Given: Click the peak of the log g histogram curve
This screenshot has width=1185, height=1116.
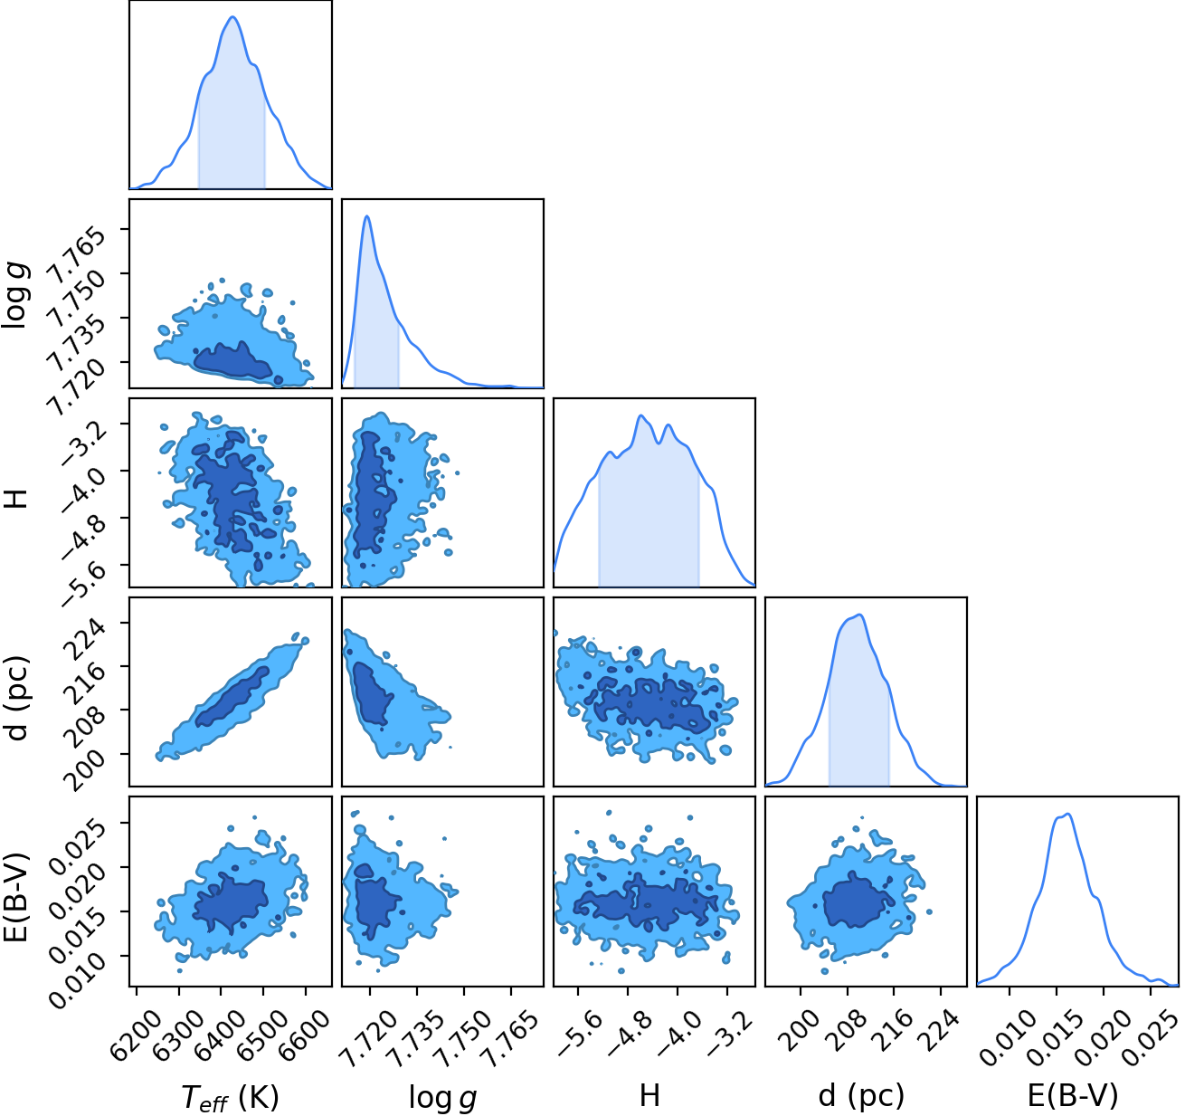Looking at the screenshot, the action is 367,216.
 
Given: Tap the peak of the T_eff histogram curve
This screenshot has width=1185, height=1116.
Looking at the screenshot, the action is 232,16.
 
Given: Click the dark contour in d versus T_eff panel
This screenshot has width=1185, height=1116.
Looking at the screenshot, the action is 232,696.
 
